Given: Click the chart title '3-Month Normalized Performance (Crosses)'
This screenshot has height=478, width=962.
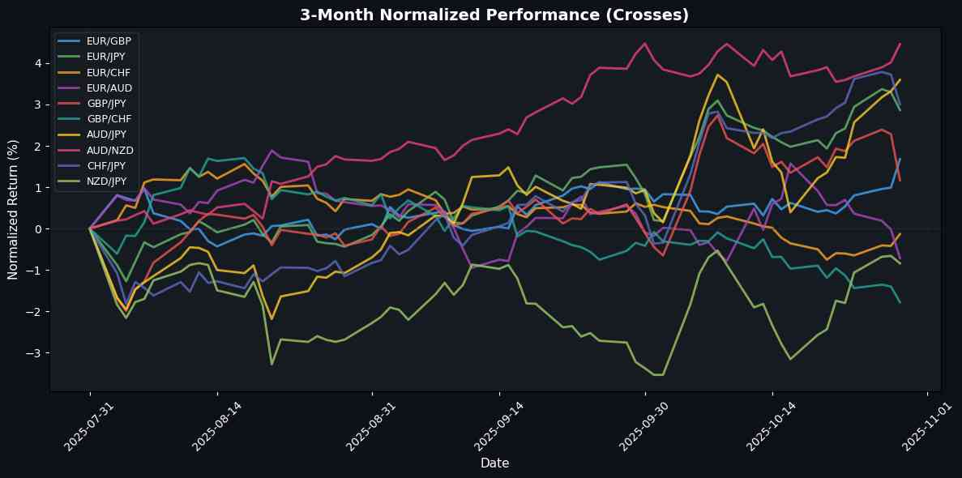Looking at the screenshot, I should click(494, 15).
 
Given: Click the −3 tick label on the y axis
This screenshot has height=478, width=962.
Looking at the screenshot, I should click(36, 353).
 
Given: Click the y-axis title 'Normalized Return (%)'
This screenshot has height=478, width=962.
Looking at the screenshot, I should click(14, 209).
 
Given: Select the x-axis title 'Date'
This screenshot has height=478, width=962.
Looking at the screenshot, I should click(494, 463).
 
